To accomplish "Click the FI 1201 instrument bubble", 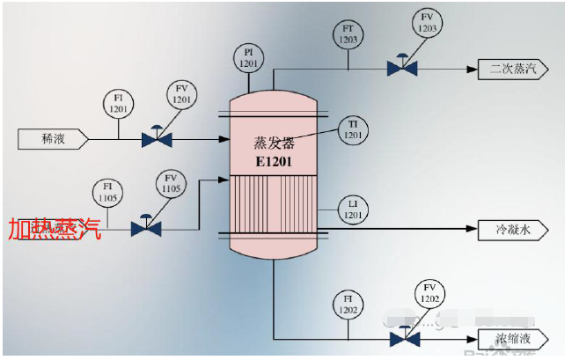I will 119,102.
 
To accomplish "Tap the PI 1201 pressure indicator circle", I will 249,58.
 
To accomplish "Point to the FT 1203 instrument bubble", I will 348,34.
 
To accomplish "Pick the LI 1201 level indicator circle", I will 353,209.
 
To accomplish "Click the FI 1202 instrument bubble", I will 349,305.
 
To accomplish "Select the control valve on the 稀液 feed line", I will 157,138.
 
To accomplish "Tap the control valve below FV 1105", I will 146,228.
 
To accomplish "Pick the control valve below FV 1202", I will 404,338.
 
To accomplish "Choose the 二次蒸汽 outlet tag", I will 513,68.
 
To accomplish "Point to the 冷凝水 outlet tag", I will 513,230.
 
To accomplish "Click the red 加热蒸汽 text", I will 55,231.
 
